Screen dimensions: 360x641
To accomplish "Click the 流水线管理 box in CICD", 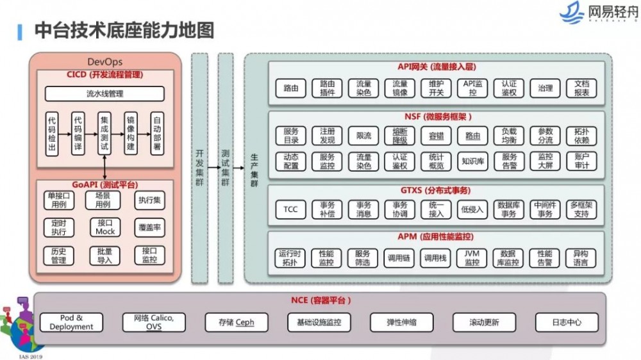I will [104, 94].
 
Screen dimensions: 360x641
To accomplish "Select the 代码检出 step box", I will [52, 134].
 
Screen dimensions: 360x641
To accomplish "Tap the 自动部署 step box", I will [156, 134].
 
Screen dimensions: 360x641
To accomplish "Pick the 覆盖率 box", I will [149, 227].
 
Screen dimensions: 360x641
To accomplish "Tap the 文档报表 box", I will [582, 88].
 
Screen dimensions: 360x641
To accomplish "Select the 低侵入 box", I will [472, 209].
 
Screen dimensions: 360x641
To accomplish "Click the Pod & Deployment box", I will [71, 322].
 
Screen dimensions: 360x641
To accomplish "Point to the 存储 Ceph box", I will [236, 322].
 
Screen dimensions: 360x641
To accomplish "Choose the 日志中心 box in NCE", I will [567, 322].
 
